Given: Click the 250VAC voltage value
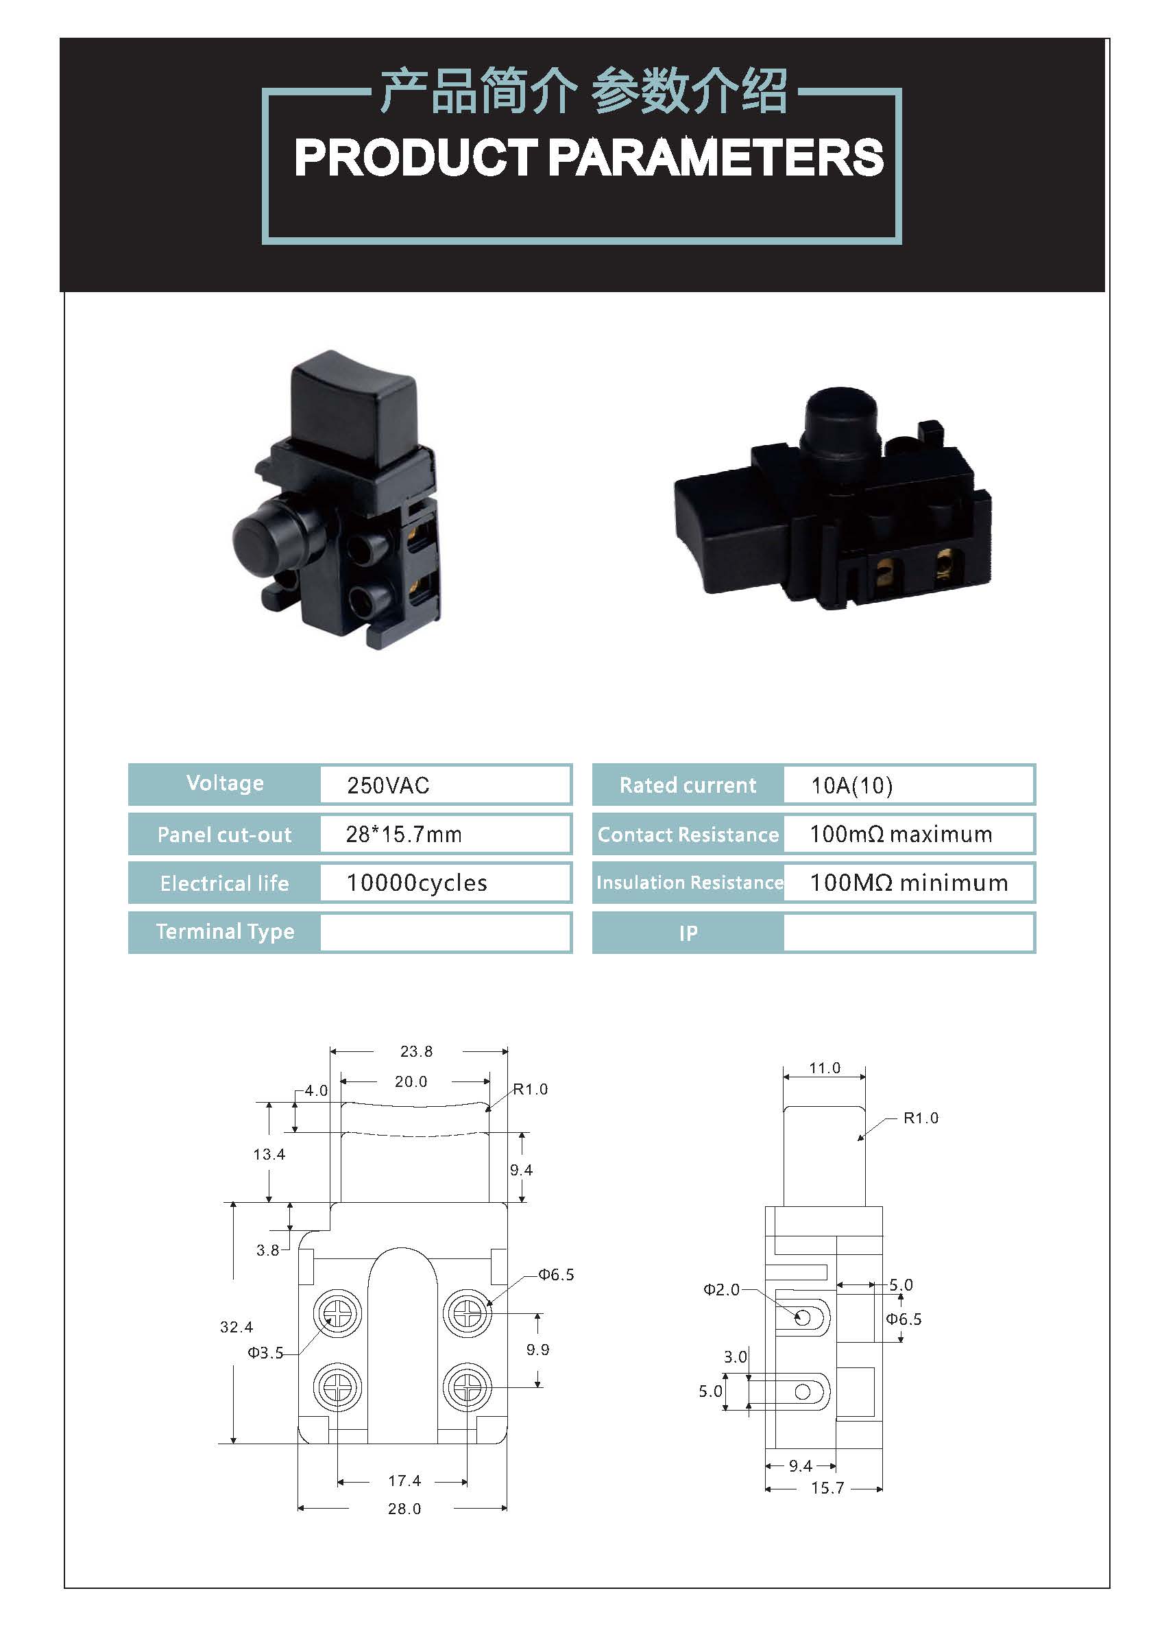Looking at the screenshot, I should click(x=388, y=785).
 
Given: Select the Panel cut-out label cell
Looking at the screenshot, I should click(x=224, y=835).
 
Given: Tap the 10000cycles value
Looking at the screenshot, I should click(x=417, y=883).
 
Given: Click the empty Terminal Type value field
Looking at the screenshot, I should click(x=445, y=932).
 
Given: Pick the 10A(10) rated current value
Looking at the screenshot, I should click(x=852, y=785).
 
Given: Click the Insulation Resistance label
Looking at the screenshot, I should click(x=690, y=882).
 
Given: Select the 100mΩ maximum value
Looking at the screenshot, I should click(x=901, y=834).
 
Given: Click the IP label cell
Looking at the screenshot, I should click(x=688, y=933).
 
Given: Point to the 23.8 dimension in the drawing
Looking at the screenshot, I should click(x=416, y=1051).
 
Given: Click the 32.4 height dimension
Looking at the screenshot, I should click(x=236, y=1326).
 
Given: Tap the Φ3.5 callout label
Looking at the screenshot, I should click(x=265, y=1352).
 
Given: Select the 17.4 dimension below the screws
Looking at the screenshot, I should click(x=404, y=1480).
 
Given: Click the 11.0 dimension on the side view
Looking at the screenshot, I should click(x=824, y=1067).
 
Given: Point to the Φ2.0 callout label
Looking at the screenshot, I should click(x=720, y=1289).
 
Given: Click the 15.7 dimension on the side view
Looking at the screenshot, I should click(x=827, y=1487).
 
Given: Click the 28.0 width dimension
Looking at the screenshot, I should click(x=404, y=1508).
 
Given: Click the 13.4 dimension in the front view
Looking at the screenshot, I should click(x=269, y=1153).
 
